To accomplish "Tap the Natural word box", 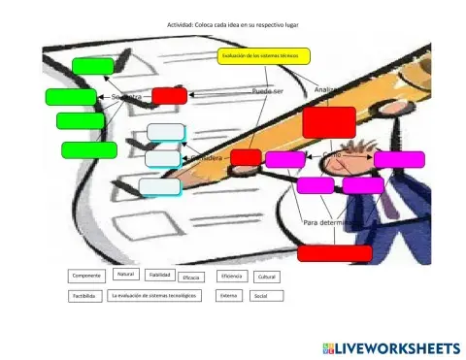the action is [x=124, y=275].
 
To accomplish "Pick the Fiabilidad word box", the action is [x=159, y=276].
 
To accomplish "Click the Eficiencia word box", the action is [x=231, y=276].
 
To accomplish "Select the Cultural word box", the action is [x=265, y=277].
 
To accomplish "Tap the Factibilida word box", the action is [x=83, y=295].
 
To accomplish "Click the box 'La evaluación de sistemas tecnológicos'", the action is [x=154, y=295].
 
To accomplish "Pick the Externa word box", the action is [x=229, y=295].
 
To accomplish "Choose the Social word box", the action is [x=260, y=295].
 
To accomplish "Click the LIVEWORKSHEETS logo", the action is [x=387, y=347].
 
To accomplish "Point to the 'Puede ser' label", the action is [x=267, y=90].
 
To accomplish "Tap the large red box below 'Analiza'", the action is [x=329, y=122].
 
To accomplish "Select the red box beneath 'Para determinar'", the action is [x=334, y=253].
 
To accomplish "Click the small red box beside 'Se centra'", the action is [x=169, y=96].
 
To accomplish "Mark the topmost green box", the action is [x=93, y=66].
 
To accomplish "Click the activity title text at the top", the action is [x=232, y=25].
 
